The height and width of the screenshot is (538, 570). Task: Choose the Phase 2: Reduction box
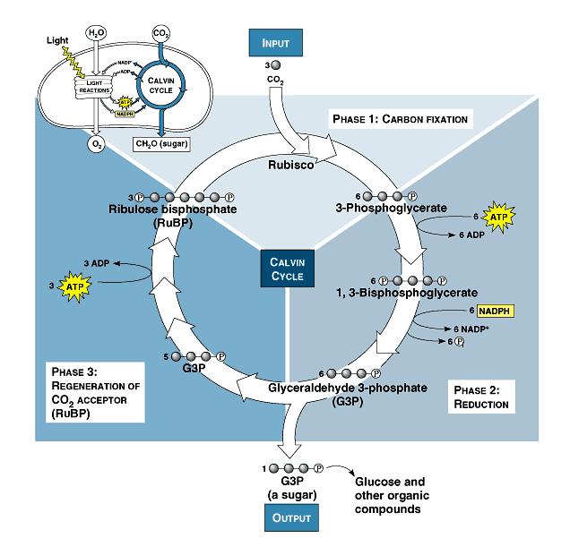point(481,397)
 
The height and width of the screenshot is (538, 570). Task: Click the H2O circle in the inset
point(96,33)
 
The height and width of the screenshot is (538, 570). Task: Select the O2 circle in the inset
point(96,141)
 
